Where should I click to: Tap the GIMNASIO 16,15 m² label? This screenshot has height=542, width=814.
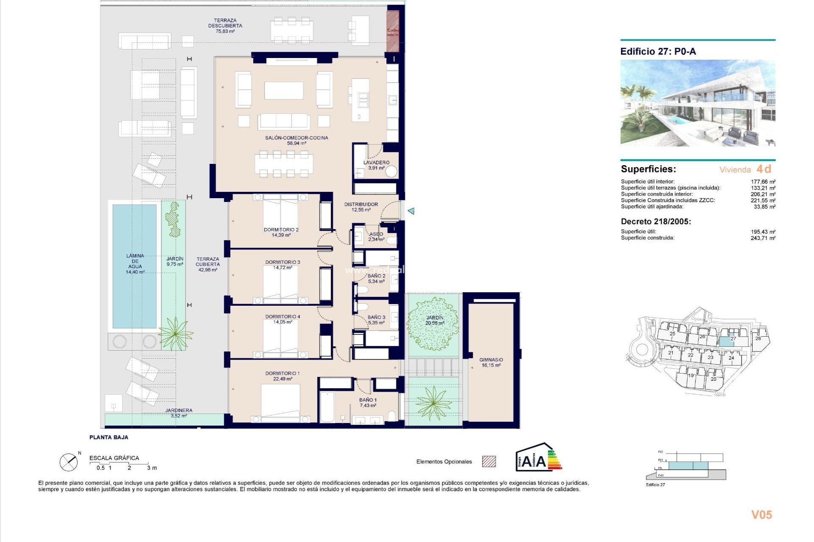[491, 362]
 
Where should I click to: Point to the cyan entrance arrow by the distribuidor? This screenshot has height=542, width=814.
[411, 211]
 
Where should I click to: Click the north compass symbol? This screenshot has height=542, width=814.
[69, 462]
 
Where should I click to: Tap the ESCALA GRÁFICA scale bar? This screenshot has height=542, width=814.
[123, 465]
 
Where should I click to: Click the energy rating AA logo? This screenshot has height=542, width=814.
[538, 458]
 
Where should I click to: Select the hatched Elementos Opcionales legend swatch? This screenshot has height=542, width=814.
[489, 462]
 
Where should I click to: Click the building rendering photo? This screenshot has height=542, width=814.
[697, 103]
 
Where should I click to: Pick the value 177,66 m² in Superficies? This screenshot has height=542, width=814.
[763, 182]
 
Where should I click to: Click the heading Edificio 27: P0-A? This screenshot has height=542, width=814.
[658, 52]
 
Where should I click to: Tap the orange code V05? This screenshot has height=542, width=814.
[761, 515]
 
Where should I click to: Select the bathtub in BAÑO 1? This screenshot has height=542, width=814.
[327, 407]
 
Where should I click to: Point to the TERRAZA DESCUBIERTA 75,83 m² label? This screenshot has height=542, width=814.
[225, 26]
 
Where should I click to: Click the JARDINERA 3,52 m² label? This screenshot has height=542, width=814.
[178, 413]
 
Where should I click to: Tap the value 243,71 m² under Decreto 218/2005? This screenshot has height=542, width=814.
[763, 238]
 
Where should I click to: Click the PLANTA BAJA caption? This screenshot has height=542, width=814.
[109, 437]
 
